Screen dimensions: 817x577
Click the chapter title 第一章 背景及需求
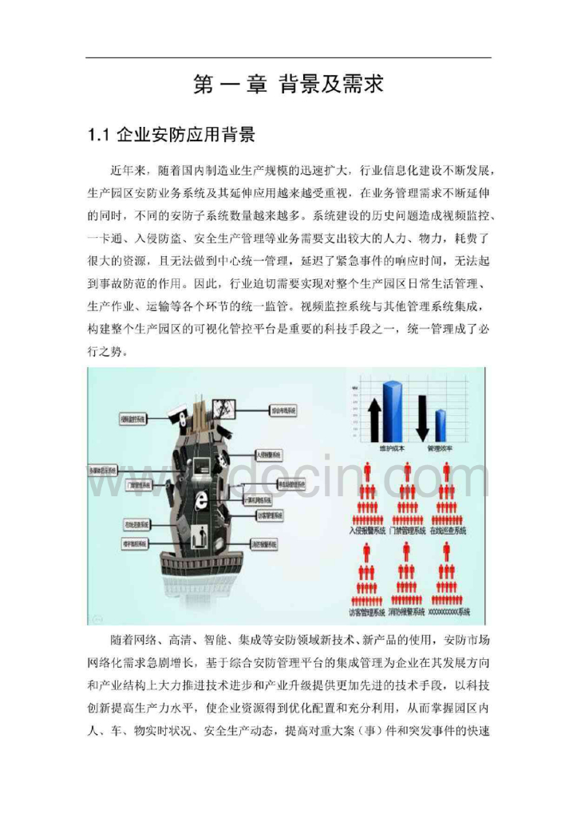288,85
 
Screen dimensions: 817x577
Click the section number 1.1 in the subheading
100,135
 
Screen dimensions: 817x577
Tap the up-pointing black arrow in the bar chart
373,419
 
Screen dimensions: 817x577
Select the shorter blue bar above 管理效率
440,424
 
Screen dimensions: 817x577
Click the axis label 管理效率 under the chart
440,448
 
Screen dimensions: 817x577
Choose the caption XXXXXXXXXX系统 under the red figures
449,612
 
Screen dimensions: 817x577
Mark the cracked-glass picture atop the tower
225,408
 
